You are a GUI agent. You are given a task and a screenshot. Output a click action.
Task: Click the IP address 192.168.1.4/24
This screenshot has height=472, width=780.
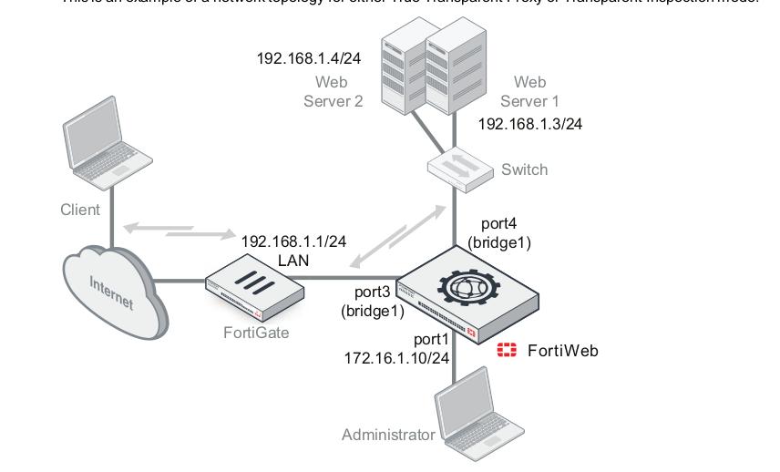click(309, 59)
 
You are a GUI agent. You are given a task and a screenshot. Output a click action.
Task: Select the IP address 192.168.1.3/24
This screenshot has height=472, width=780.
click(530, 124)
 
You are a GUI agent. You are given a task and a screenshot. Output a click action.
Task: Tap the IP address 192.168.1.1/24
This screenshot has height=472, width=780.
click(293, 241)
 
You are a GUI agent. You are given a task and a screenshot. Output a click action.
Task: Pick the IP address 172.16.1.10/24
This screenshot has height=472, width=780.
click(396, 358)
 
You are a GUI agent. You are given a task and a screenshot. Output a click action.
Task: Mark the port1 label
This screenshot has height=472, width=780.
click(432, 340)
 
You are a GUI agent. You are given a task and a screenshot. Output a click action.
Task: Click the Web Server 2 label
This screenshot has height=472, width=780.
click(333, 92)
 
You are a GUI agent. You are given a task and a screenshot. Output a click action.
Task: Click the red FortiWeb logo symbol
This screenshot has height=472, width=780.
click(507, 350)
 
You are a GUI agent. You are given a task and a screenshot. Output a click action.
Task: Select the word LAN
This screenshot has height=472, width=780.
click(293, 260)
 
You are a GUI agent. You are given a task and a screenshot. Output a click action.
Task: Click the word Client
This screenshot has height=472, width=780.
click(80, 210)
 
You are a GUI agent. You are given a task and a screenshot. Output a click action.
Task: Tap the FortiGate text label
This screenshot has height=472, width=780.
click(256, 333)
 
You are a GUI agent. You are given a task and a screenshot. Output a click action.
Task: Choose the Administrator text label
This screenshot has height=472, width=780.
click(388, 435)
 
